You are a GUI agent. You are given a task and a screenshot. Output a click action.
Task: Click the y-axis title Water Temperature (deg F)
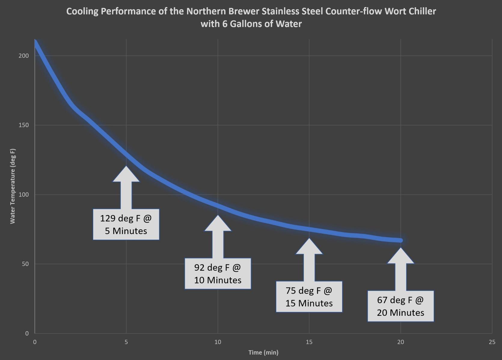point(13,186)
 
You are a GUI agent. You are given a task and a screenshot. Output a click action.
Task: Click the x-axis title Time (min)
point(263,352)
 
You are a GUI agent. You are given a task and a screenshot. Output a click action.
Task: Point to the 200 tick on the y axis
point(24,56)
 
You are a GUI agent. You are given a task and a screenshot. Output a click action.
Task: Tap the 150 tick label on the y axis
point(24,125)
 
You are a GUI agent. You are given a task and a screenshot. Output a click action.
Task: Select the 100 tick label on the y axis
point(24,195)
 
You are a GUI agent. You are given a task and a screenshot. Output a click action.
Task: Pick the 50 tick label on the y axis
point(25,264)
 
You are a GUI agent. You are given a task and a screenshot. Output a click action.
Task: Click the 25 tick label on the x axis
point(492,342)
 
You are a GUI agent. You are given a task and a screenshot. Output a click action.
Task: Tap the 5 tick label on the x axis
point(126,342)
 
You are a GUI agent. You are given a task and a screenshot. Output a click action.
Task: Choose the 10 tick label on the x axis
point(218,342)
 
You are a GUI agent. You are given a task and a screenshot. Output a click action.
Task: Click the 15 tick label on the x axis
point(309,342)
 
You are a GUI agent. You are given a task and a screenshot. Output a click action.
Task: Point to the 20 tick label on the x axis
point(400,342)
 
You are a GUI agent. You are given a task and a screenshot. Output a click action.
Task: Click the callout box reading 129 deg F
point(126,224)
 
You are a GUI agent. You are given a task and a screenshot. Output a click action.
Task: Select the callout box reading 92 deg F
point(218,274)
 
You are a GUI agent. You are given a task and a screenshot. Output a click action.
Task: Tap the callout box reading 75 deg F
point(309,297)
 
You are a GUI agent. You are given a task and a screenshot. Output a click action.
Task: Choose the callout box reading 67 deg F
point(400,306)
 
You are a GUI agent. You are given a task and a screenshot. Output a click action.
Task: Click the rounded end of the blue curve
point(400,240)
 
